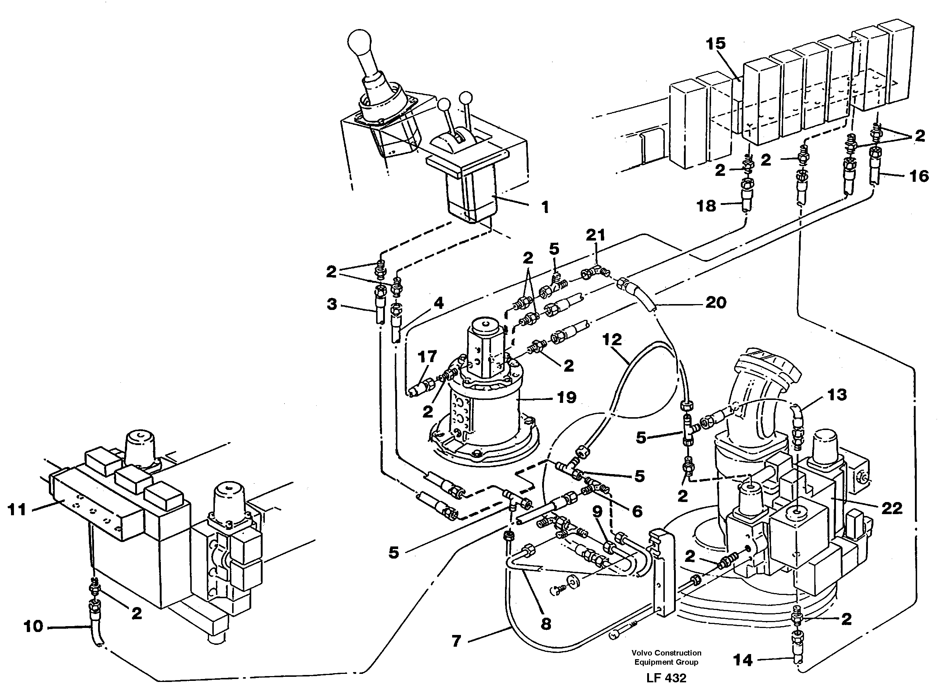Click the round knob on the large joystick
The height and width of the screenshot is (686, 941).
(x=359, y=42)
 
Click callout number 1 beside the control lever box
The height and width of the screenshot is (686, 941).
(x=545, y=207)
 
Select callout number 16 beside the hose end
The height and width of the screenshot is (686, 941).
(x=919, y=176)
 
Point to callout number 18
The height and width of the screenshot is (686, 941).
(x=706, y=206)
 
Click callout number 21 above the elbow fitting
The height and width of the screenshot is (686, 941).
(x=595, y=235)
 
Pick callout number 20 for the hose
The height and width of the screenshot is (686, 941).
(x=715, y=302)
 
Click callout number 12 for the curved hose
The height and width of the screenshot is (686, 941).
(x=612, y=339)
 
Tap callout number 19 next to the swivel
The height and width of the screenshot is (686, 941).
(x=566, y=397)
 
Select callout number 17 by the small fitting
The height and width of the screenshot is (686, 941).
(x=427, y=356)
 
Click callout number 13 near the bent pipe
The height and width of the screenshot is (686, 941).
(x=837, y=394)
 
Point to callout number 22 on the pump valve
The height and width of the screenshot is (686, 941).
(x=891, y=508)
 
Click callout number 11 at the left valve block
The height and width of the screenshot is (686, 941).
(x=17, y=509)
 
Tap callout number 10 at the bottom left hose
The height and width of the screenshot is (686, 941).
(x=33, y=626)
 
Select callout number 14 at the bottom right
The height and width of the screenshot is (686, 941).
(x=743, y=660)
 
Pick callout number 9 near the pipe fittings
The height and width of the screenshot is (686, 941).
(x=597, y=512)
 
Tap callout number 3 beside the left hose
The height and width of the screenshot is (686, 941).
(x=332, y=304)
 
